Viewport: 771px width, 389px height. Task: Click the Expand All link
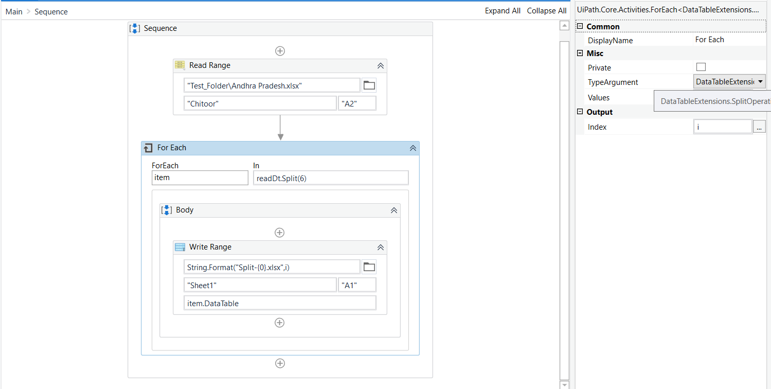coord(502,11)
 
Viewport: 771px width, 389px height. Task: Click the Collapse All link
coord(546,11)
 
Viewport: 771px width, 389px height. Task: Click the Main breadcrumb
coord(14,11)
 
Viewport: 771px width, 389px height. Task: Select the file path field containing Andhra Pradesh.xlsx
coord(272,85)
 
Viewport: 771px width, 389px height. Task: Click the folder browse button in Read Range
coord(369,85)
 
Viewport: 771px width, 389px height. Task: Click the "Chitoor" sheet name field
coord(260,103)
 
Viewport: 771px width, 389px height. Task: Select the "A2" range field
coord(357,103)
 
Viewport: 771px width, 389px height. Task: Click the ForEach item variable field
coord(200,178)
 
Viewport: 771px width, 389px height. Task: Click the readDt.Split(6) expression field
coord(331,178)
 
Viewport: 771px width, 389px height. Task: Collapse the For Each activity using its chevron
coord(413,148)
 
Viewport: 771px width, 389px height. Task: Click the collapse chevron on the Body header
coord(393,210)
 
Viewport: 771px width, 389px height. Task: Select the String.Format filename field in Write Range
coord(272,267)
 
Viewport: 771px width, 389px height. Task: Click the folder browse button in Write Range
coord(369,267)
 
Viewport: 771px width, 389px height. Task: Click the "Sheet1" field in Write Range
coord(260,285)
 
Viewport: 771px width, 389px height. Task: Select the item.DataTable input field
coord(279,303)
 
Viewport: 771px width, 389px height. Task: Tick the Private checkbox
coord(701,67)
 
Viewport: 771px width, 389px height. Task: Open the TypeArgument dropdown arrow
coord(760,82)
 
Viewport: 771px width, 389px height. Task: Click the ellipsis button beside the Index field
coord(759,127)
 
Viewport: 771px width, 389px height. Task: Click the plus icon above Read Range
coord(280,51)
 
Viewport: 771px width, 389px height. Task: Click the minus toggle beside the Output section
coord(580,112)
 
